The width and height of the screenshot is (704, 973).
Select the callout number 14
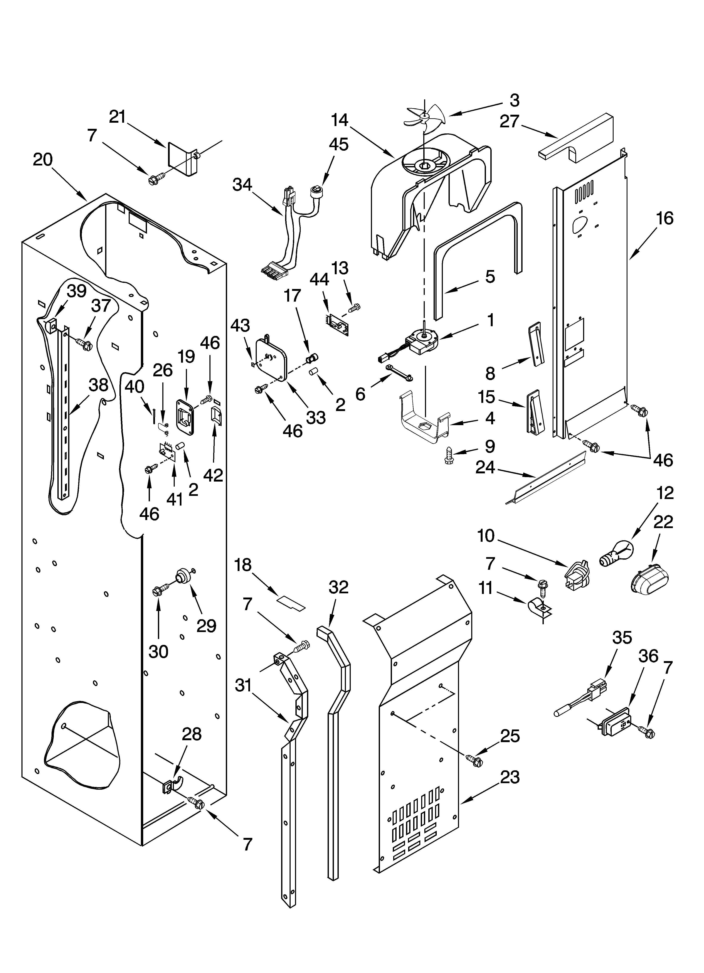click(x=340, y=120)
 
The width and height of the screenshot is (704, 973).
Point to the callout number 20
click(x=43, y=160)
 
